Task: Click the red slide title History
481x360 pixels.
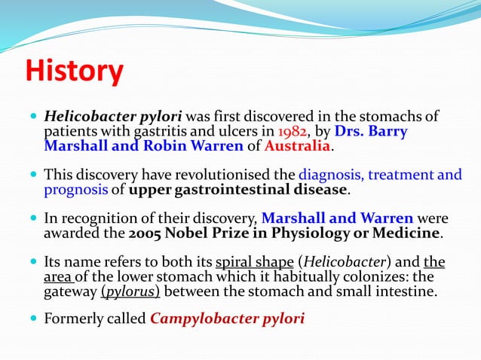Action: (x=74, y=72)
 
